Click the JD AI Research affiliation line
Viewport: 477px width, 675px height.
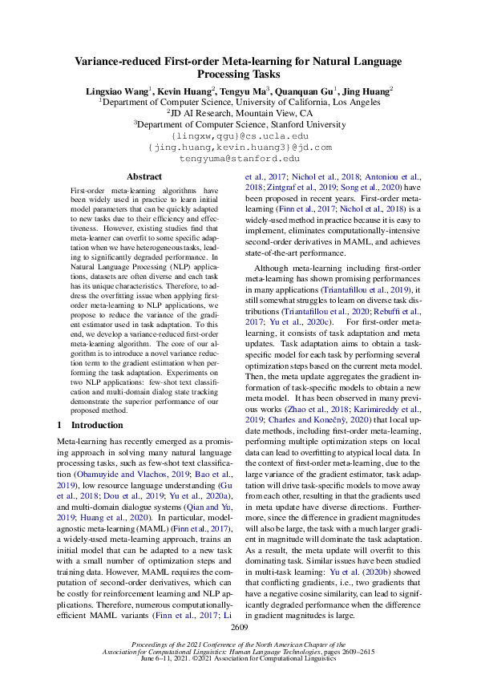point(238,114)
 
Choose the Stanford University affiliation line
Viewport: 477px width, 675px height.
point(238,125)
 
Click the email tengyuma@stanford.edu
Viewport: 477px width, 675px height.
point(238,159)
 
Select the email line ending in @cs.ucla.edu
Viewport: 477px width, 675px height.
point(238,136)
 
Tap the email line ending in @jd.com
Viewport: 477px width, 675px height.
point(238,148)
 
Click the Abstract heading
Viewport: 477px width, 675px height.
point(144,176)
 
